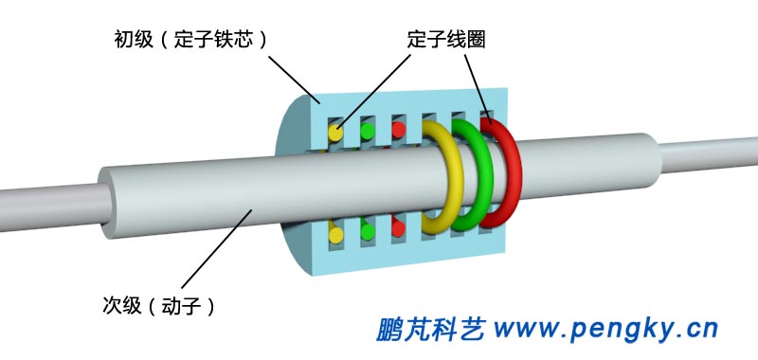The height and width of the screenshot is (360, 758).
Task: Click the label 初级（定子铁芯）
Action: coord(188,40)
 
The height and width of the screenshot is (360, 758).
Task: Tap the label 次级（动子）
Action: coord(158,305)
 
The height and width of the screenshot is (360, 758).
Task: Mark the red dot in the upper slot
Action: coord(399,127)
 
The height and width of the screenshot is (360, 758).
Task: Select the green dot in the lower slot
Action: coord(368,230)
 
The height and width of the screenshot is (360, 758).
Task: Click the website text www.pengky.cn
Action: coord(606,329)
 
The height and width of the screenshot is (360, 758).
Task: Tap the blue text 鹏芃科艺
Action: coord(431,329)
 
